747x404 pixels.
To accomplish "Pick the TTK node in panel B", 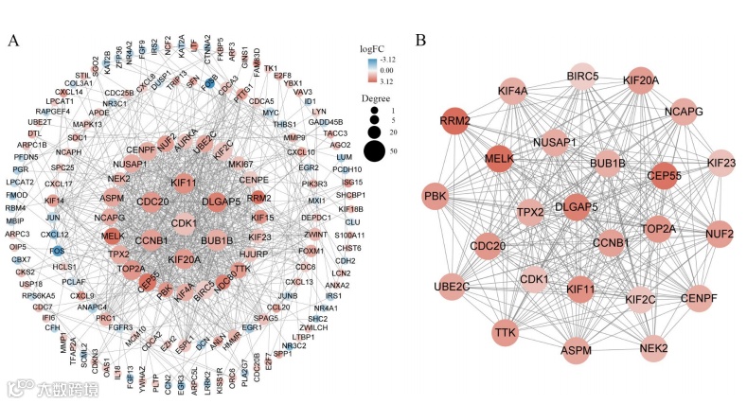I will pos(507,331).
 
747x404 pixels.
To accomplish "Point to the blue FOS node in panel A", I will pos(59,251).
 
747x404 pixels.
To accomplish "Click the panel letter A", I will pos(13,40).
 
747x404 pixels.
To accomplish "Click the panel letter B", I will pos(420,40).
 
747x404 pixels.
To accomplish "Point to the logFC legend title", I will pos(373,47).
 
